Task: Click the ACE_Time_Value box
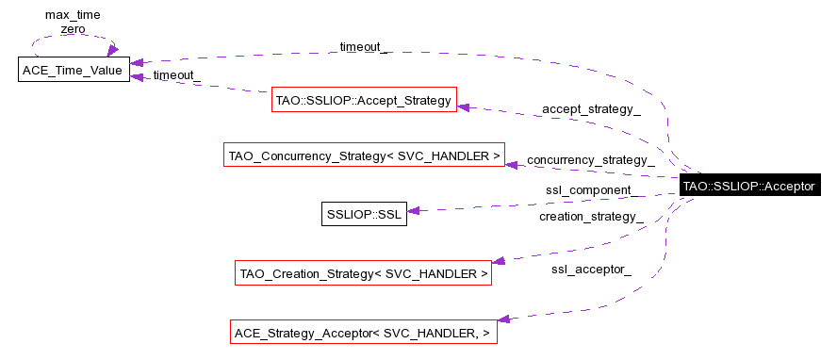[74, 70]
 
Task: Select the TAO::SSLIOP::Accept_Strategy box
[364, 99]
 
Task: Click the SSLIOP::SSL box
[364, 214]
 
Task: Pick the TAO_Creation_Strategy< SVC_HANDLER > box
[364, 274]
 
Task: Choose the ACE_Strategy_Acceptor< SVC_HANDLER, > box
[364, 333]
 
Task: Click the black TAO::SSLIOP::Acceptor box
[748, 187]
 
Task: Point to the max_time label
[73, 15]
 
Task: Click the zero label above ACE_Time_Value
[73, 29]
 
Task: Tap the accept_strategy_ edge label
[591, 109]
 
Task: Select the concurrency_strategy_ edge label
[591, 159]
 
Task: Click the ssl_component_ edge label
[589, 190]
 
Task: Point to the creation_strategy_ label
[592, 217]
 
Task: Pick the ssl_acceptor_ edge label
[592, 270]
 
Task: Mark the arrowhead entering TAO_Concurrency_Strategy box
[512, 164]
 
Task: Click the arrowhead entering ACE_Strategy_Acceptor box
[503, 319]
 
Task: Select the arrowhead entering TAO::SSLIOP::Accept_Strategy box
[464, 106]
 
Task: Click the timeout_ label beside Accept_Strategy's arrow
[176, 75]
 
